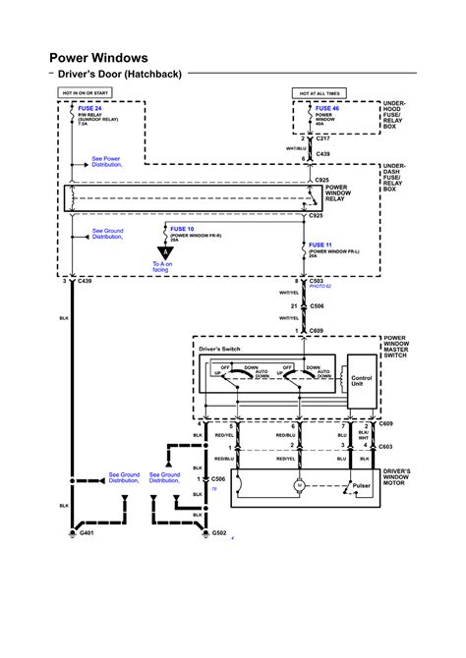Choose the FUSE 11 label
point(321,244)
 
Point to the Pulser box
point(362,485)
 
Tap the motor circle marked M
point(300,485)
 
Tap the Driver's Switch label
point(220,350)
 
